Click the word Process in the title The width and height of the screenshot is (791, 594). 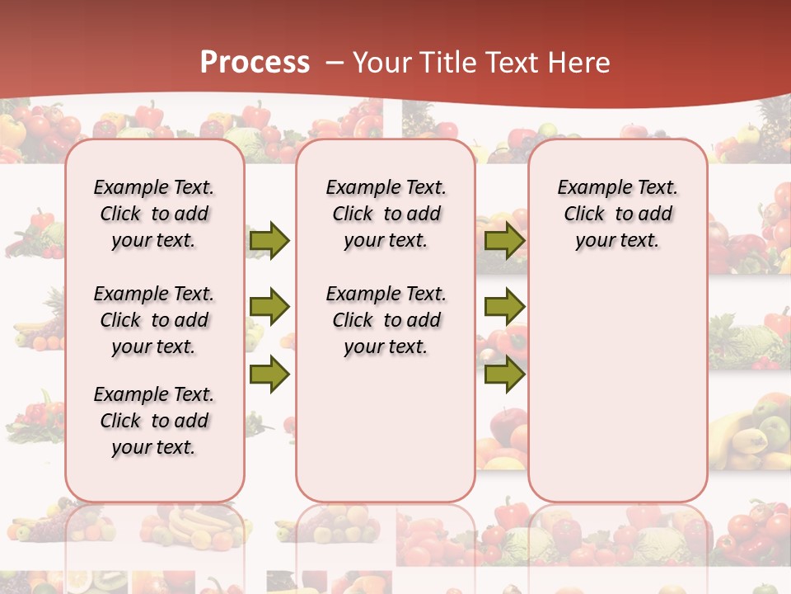[x=255, y=63]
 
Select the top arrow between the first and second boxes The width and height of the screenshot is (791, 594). [x=269, y=240]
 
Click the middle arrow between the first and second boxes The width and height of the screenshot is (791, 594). [x=269, y=308]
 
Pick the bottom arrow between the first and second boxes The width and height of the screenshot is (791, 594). [x=269, y=375]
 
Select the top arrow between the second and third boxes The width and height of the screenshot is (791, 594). [x=504, y=240]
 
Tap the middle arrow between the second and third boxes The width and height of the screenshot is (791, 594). [x=504, y=308]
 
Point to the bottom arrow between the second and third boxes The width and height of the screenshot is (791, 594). [x=504, y=375]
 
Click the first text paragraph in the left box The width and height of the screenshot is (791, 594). [x=154, y=214]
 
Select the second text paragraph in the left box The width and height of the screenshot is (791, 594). [x=154, y=320]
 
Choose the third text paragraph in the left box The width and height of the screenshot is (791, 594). [x=154, y=421]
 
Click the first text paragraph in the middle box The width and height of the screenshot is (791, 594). [x=386, y=214]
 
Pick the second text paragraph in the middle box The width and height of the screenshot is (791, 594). [x=386, y=320]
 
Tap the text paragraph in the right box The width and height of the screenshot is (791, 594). [x=618, y=214]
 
